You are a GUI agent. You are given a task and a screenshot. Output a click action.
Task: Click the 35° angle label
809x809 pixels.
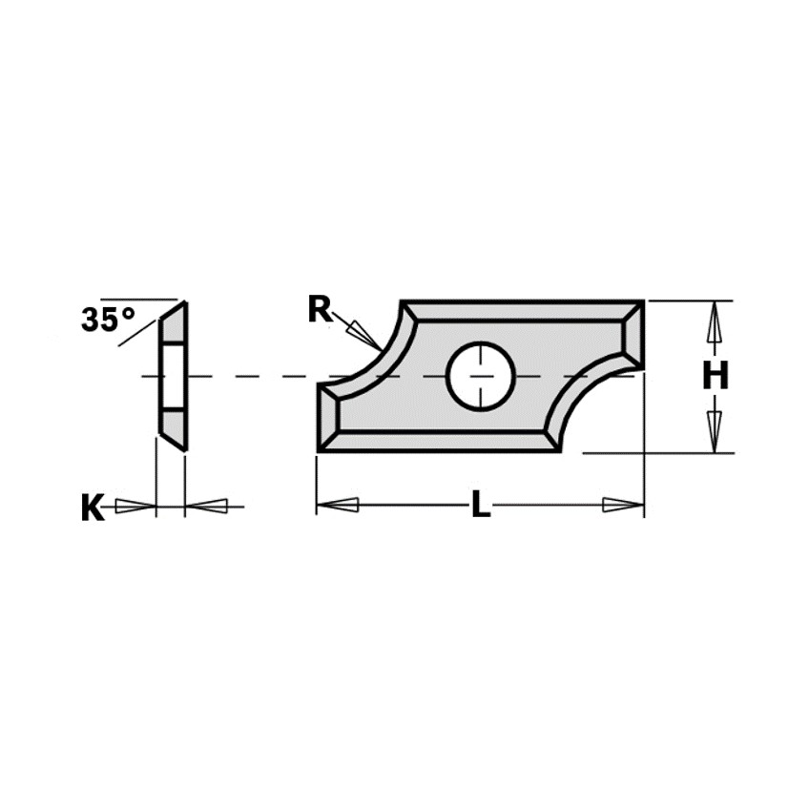click(x=108, y=319)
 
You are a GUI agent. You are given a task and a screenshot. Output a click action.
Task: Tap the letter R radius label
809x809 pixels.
click(x=320, y=309)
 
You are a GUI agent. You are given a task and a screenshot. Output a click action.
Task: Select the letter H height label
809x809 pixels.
click(x=716, y=375)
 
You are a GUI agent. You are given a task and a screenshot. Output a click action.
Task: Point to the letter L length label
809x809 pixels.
click(x=481, y=504)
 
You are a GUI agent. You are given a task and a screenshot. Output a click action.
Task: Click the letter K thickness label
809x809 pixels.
click(x=93, y=508)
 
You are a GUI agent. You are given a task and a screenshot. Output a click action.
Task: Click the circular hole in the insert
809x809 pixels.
click(x=481, y=376)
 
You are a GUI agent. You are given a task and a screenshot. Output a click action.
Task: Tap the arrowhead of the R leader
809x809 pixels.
click(x=364, y=334)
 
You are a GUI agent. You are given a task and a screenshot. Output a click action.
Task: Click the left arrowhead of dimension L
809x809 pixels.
click(x=338, y=505)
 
